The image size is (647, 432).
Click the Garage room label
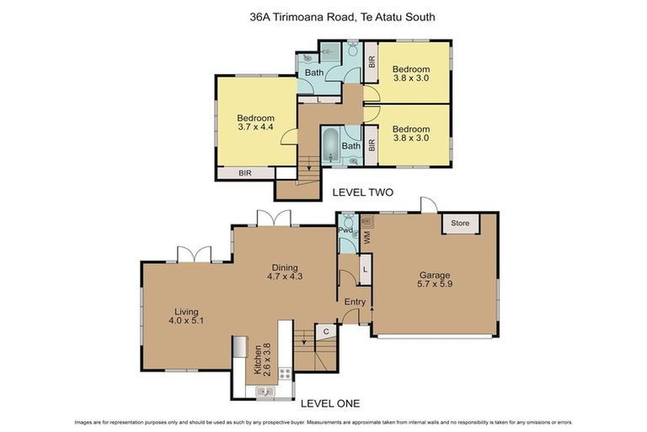coord(435,280)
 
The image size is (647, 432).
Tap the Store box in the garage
coord(459,224)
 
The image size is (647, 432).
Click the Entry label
coord(355,302)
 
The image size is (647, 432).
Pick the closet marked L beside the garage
coord(363,268)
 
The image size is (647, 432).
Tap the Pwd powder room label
coord(345,229)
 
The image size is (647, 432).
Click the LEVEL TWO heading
coord(363,192)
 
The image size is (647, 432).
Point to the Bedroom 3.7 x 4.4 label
coord(255,123)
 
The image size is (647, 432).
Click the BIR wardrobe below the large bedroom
coord(245,173)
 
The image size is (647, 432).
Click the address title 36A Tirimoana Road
coord(323,16)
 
